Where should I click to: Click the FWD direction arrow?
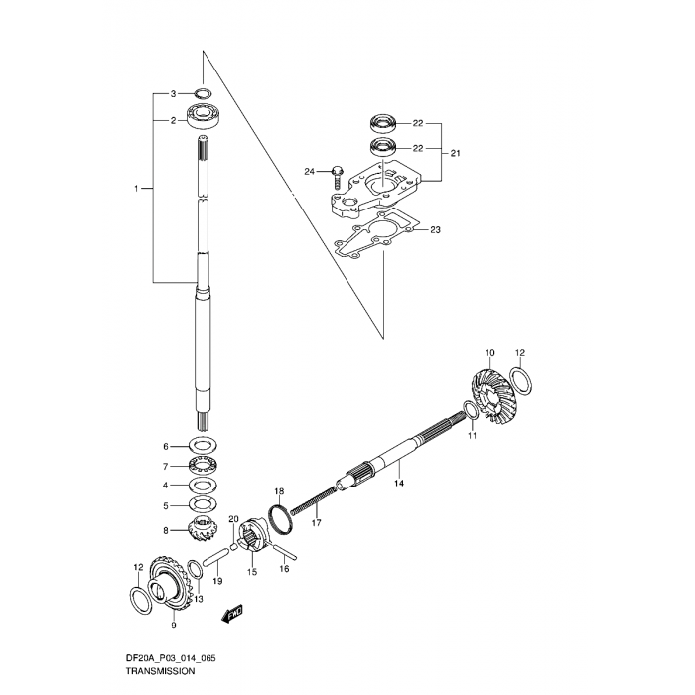click(x=231, y=615)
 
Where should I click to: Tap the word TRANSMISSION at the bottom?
click(x=160, y=671)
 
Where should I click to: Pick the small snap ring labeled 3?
click(x=203, y=93)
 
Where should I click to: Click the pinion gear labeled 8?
click(x=203, y=529)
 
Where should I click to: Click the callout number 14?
click(x=399, y=483)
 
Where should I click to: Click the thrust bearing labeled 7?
click(x=203, y=466)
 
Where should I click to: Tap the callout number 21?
click(x=455, y=153)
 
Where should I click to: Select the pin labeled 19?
click(x=215, y=557)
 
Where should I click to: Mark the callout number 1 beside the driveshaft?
click(x=137, y=189)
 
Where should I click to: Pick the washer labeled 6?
click(x=203, y=445)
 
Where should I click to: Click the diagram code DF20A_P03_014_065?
click(x=171, y=658)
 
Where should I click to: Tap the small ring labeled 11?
click(x=471, y=410)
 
